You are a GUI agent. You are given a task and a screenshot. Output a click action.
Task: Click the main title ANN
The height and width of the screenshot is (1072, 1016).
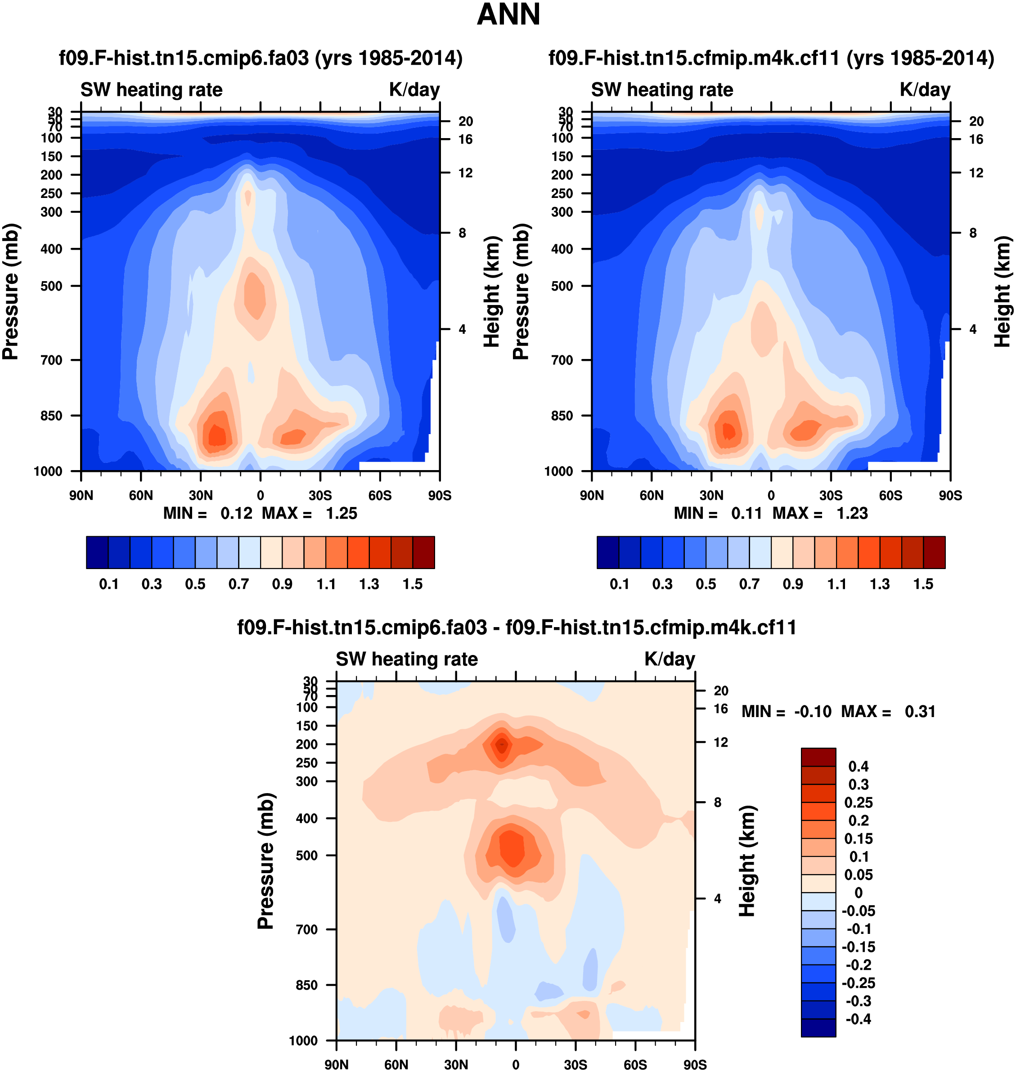coord(508,14)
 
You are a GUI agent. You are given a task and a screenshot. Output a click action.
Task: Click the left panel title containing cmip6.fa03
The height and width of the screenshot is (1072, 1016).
coord(261,58)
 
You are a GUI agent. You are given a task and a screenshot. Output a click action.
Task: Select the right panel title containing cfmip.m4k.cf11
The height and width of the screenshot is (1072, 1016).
coord(771,58)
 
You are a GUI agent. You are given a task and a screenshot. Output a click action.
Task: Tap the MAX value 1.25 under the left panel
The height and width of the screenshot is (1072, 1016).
coord(341,513)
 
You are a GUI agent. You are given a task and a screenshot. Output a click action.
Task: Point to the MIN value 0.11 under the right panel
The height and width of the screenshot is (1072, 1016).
coord(746,513)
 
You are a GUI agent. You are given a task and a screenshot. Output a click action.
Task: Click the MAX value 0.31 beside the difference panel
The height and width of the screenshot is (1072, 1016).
coord(920,711)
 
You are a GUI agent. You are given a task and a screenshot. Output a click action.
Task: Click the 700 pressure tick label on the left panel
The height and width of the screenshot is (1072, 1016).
coord(51,360)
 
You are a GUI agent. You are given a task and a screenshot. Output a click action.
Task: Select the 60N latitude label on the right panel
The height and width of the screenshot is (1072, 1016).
coord(652,495)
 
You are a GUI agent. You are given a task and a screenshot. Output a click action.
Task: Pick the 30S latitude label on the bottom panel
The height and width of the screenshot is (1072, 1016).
coord(575,1064)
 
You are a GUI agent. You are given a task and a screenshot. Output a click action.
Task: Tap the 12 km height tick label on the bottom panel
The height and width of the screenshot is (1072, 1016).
coord(720,742)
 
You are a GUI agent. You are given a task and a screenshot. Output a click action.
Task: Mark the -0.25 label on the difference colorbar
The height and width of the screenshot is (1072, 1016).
coord(859,982)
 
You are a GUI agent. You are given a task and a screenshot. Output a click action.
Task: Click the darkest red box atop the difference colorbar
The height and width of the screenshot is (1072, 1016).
coord(818,757)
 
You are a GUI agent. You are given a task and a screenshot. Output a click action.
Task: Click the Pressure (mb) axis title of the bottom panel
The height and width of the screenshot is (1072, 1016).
coord(265,861)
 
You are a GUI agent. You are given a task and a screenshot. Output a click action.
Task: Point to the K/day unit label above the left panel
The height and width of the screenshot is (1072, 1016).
coord(414,90)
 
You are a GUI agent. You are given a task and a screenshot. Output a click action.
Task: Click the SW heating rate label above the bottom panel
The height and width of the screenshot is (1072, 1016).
coord(407,659)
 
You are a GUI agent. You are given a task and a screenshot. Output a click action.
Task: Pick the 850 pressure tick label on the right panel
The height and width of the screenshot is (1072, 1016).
coord(562,416)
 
